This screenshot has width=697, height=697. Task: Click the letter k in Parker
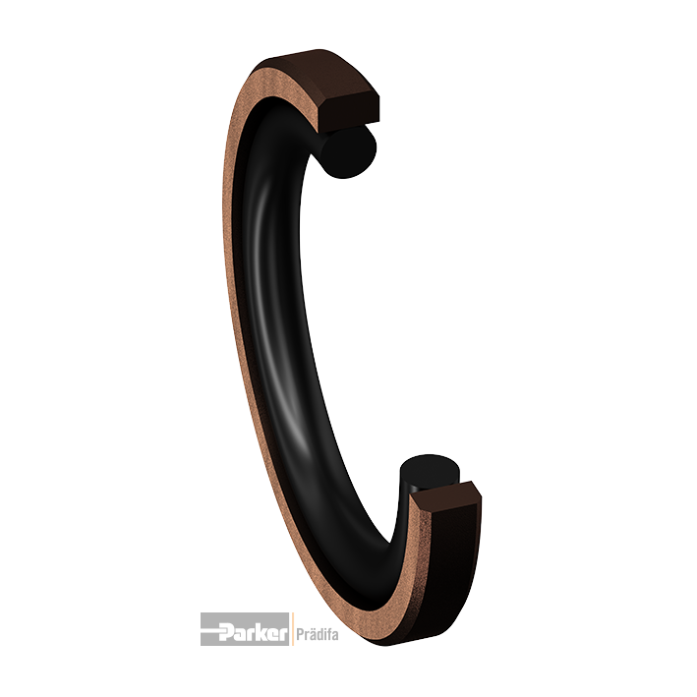coord(262,630)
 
